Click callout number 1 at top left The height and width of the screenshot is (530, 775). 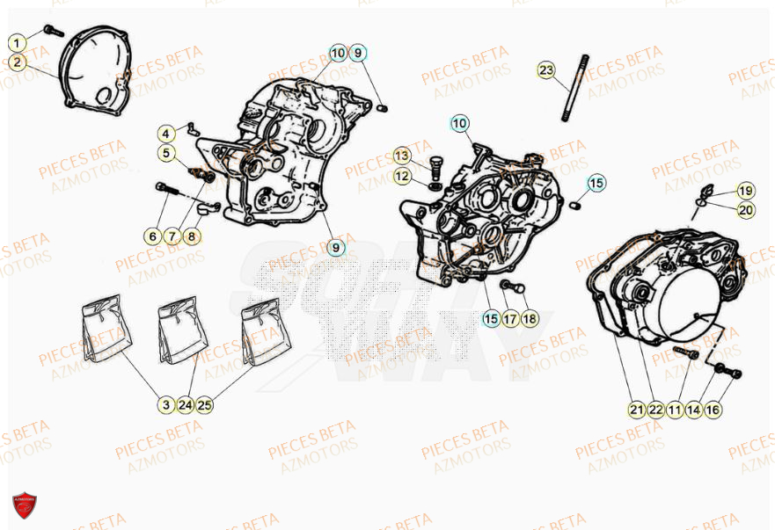click(x=17, y=42)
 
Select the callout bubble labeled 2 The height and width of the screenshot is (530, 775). click(x=17, y=62)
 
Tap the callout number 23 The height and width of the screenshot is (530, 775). click(x=546, y=69)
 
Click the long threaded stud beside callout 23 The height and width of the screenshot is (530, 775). click(x=572, y=88)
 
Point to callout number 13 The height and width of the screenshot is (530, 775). click(x=402, y=156)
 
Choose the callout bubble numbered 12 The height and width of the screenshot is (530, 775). click(x=402, y=177)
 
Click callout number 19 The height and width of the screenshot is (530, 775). click(x=745, y=191)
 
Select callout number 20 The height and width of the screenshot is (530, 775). click(x=745, y=209)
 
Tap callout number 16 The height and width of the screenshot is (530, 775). click(x=713, y=409)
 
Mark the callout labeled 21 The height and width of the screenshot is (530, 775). click(x=637, y=409)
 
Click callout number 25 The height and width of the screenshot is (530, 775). click(x=205, y=405)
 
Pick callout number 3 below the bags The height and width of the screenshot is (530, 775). click(x=166, y=405)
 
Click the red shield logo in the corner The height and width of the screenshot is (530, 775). click(x=25, y=505)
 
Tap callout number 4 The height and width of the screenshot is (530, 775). click(x=167, y=134)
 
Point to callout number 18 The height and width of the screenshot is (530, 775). click(x=529, y=319)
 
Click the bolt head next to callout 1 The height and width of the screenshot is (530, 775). click(x=50, y=30)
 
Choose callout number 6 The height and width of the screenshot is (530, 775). click(x=154, y=236)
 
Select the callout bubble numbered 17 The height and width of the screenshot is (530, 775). click(x=510, y=319)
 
